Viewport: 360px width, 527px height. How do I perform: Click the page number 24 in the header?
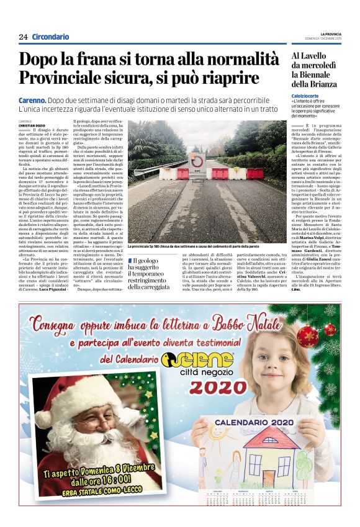[23, 37]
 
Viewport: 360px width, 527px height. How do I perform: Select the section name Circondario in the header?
[50, 37]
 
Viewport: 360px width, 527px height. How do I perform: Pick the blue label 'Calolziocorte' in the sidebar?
[307, 96]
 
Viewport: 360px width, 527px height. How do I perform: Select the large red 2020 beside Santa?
[205, 387]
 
